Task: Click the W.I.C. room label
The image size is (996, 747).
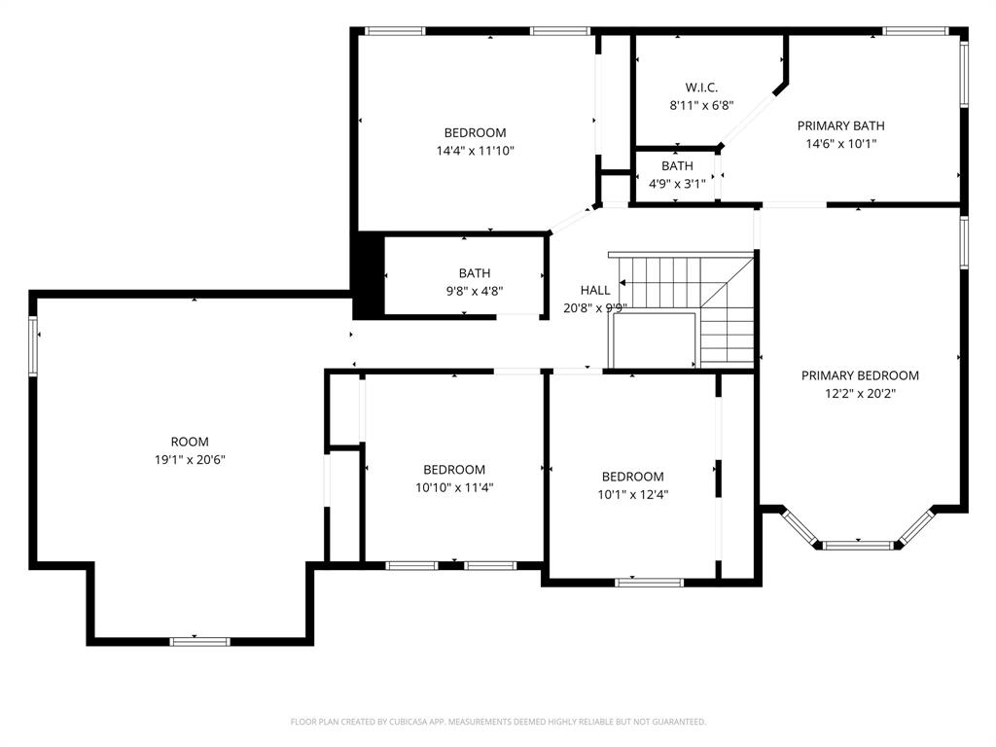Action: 700,88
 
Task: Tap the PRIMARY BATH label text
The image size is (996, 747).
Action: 840,125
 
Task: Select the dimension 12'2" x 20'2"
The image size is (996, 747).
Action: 860,394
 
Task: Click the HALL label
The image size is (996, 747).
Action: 595,290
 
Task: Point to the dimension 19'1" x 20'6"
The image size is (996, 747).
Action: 190,459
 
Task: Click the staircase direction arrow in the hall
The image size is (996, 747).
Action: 622,283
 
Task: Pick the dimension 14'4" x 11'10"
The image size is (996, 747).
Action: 475,151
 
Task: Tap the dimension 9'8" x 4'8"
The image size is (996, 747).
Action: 475,290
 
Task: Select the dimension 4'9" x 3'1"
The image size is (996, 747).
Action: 677,183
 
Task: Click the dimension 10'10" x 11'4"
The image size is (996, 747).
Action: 454,487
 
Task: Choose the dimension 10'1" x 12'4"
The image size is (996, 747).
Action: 632,494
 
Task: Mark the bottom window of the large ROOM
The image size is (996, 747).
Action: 199,641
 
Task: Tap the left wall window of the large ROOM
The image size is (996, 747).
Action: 34,346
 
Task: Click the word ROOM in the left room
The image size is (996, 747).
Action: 190,442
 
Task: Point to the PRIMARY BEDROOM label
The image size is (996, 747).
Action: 860,375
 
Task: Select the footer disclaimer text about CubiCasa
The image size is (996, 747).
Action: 498,722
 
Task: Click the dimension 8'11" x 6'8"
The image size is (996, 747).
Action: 700,105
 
